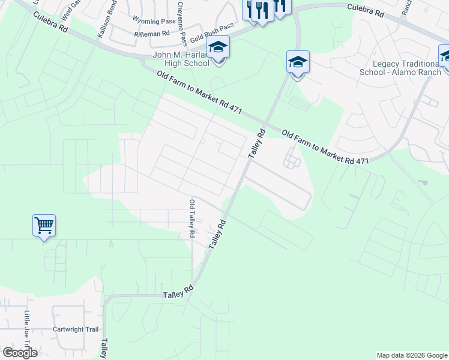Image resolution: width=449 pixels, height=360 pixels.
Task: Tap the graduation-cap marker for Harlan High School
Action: pos(218,47)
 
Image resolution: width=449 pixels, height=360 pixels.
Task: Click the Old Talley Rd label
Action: pos(192,218)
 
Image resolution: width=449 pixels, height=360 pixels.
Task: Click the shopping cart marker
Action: pos(44,226)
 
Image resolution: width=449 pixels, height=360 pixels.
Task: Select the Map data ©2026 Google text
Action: pos(411,355)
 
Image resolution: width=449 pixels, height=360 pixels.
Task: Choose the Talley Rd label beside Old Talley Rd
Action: pos(217,234)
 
